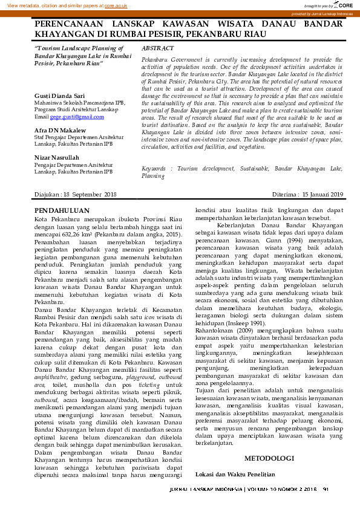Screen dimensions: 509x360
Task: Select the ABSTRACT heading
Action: [157, 48]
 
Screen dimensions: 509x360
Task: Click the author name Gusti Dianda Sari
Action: [60, 96]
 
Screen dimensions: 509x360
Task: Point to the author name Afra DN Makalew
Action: [60, 130]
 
